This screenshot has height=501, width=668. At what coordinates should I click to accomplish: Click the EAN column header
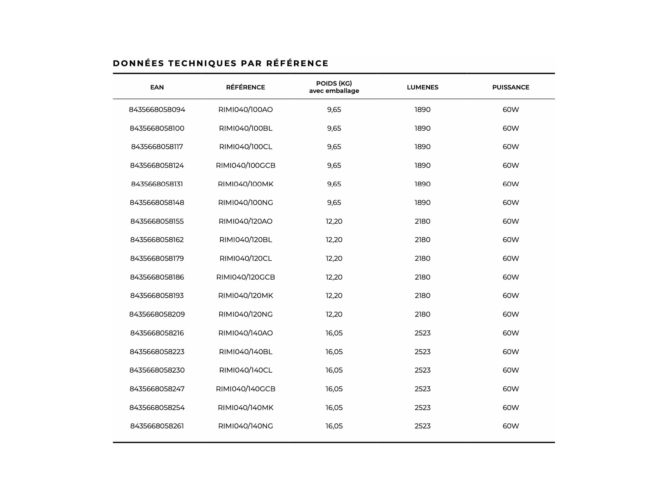pyautogui.click(x=157, y=87)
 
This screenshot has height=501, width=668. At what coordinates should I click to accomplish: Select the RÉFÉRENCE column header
pyautogui.click(x=246, y=87)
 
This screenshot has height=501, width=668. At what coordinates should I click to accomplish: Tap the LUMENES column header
pyautogui.click(x=422, y=87)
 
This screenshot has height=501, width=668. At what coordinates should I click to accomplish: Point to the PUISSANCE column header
pyautogui.click(x=511, y=87)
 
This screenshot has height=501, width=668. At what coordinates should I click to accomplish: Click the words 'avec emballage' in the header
pyautogui.click(x=334, y=91)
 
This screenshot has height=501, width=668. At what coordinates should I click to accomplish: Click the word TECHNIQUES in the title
pyautogui.click(x=202, y=63)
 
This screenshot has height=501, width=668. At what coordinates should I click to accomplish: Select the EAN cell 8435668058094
pyautogui.click(x=157, y=110)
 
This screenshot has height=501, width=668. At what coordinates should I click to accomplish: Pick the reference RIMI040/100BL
pyautogui.click(x=246, y=128)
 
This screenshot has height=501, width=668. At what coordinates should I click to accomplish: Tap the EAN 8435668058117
pyautogui.click(x=157, y=147)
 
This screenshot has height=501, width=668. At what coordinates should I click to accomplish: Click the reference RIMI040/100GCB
pyautogui.click(x=246, y=165)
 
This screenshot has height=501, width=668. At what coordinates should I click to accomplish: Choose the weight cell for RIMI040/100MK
pyautogui.click(x=334, y=184)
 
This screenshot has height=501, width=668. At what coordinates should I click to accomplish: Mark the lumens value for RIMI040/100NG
pyautogui.click(x=422, y=203)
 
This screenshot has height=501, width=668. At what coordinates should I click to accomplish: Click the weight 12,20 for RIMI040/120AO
pyautogui.click(x=334, y=221)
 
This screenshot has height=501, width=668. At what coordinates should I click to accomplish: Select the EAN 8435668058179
pyautogui.click(x=157, y=258)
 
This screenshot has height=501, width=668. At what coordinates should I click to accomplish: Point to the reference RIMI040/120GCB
pyautogui.click(x=246, y=277)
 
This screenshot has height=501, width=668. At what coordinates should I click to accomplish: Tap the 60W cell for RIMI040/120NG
pyautogui.click(x=511, y=314)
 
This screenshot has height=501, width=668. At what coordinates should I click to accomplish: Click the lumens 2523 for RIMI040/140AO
pyautogui.click(x=422, y=333)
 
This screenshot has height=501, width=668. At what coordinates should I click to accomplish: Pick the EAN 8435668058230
pyautogui.click(x=157, y=370)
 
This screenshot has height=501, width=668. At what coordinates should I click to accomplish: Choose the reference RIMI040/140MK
pyautogui.click(x=246, y=408)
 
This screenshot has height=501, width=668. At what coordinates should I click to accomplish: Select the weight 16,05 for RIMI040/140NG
pyautogui.click(x=334, y=426)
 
